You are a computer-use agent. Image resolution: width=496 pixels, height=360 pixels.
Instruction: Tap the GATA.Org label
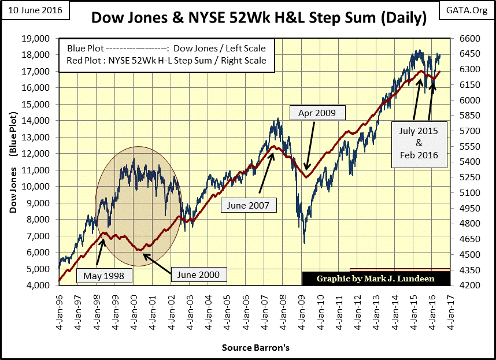(469, 9)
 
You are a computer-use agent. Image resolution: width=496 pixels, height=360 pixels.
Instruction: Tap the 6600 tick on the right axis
(466, 39)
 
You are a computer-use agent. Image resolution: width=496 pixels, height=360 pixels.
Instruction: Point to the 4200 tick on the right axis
(466, 285)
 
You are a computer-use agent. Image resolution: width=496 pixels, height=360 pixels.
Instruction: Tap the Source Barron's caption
(255, 348)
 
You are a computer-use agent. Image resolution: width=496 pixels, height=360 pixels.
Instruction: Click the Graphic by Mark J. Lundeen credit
(376, 279)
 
